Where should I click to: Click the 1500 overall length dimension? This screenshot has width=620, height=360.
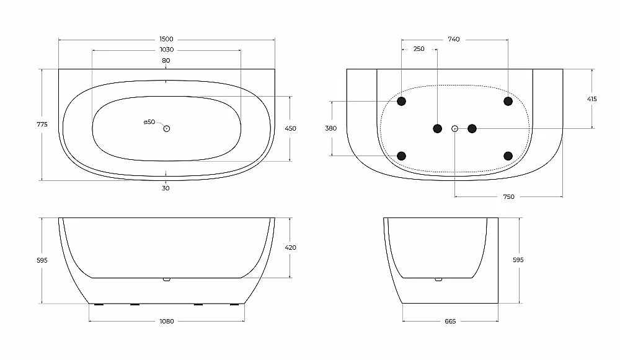[166, 39]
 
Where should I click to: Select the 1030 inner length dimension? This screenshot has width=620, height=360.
[166, 50]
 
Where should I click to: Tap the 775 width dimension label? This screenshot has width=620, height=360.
[42, 125]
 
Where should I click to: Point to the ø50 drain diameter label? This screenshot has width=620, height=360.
[149, 122]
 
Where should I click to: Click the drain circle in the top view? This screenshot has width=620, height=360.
[166, 128]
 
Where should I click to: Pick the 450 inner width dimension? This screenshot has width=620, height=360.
[290, 128]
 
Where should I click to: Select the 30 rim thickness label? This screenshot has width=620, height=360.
[166, 188]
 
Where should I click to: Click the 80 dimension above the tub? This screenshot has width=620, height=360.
[166, 61]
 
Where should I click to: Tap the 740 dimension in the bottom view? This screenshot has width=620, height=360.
[454, 39]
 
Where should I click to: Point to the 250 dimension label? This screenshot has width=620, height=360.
[418, 49]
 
